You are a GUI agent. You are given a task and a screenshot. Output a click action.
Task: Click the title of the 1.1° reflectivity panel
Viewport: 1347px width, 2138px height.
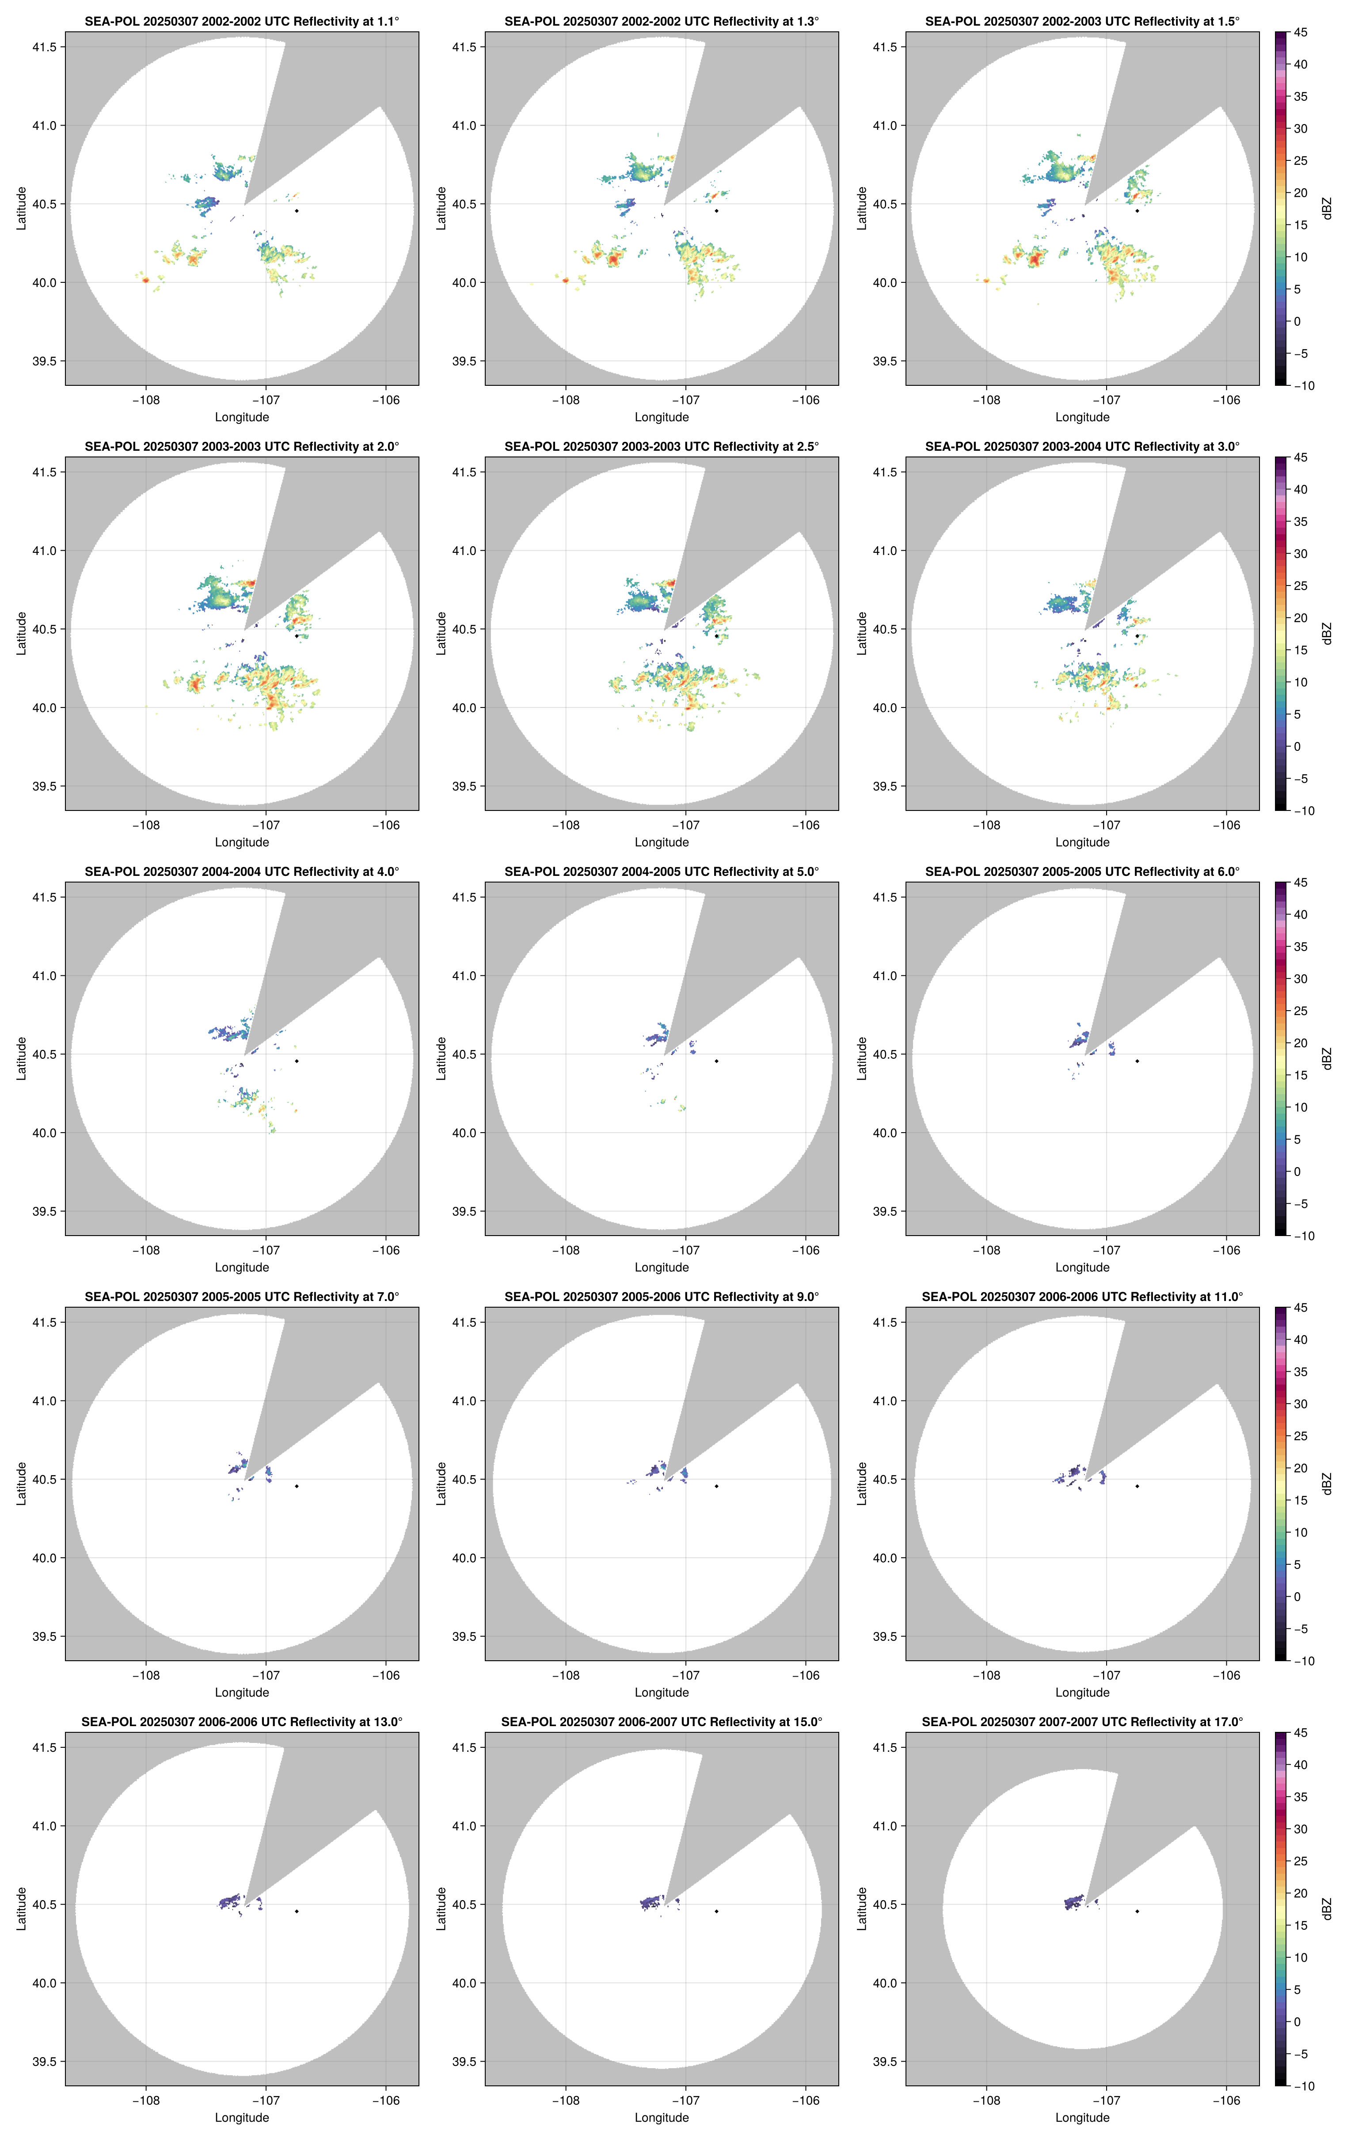(x=242, y=21)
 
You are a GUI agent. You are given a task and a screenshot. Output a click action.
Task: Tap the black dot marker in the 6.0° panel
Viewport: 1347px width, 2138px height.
(x=1137, y=1061)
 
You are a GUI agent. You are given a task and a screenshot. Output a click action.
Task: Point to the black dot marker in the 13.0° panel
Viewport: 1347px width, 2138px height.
(x=297, y=1911)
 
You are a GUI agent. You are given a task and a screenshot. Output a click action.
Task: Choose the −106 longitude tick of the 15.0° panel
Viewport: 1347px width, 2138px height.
(x=805, y=2101)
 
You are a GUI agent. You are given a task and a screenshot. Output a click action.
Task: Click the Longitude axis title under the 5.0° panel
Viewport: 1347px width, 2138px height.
(x=662, y=1267)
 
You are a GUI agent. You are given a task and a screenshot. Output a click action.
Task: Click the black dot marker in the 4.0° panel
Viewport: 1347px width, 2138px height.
(x=297, y=1061)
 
